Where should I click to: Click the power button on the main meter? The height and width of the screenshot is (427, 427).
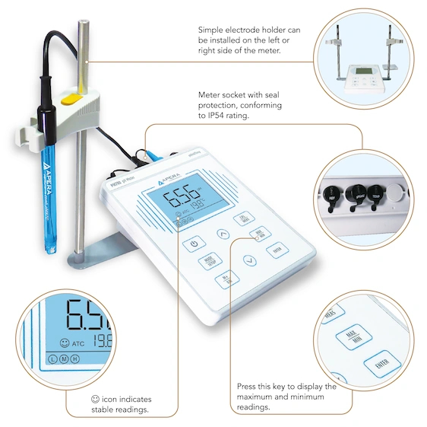tap(195, 244)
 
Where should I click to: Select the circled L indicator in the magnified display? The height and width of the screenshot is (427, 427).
tap(51, 360)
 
